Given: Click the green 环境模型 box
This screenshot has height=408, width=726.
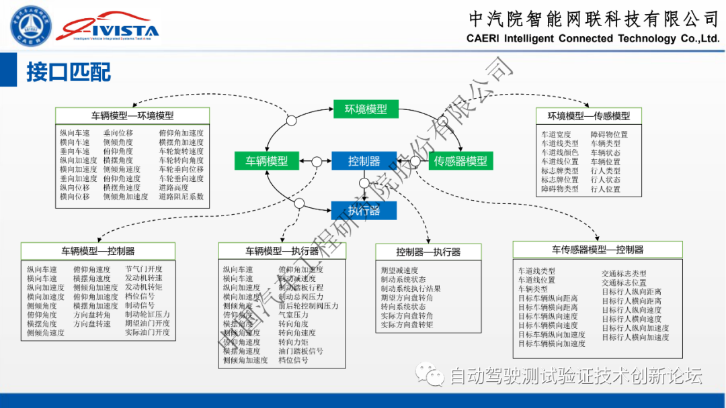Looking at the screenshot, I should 366,109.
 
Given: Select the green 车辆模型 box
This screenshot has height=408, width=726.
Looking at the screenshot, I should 266,161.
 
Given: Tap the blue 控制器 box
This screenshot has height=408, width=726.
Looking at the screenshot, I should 364,161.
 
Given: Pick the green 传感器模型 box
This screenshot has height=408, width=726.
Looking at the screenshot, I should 460,161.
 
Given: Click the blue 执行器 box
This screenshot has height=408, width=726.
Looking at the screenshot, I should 364,211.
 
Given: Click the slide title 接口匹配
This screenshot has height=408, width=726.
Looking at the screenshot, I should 69,72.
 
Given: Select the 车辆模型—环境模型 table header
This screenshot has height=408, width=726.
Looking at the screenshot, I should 132,115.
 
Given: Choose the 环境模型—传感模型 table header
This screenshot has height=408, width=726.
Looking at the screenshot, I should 588,115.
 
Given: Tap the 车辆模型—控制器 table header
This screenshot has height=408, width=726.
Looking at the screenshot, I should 98,251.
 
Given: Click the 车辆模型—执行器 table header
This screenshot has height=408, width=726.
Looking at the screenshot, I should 282,251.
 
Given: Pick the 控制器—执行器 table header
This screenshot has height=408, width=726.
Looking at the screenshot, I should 428,252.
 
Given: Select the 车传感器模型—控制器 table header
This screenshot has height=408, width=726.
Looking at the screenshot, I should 598,250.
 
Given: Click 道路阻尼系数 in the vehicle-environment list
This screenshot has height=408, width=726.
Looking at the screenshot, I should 181,197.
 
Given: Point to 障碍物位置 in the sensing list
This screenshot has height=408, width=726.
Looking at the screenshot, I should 609,134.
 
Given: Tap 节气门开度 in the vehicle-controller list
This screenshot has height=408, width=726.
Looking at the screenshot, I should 143,269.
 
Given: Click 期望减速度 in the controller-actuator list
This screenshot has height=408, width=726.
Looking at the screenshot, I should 399,270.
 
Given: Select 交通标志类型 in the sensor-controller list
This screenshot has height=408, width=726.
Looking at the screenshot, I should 624,274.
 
